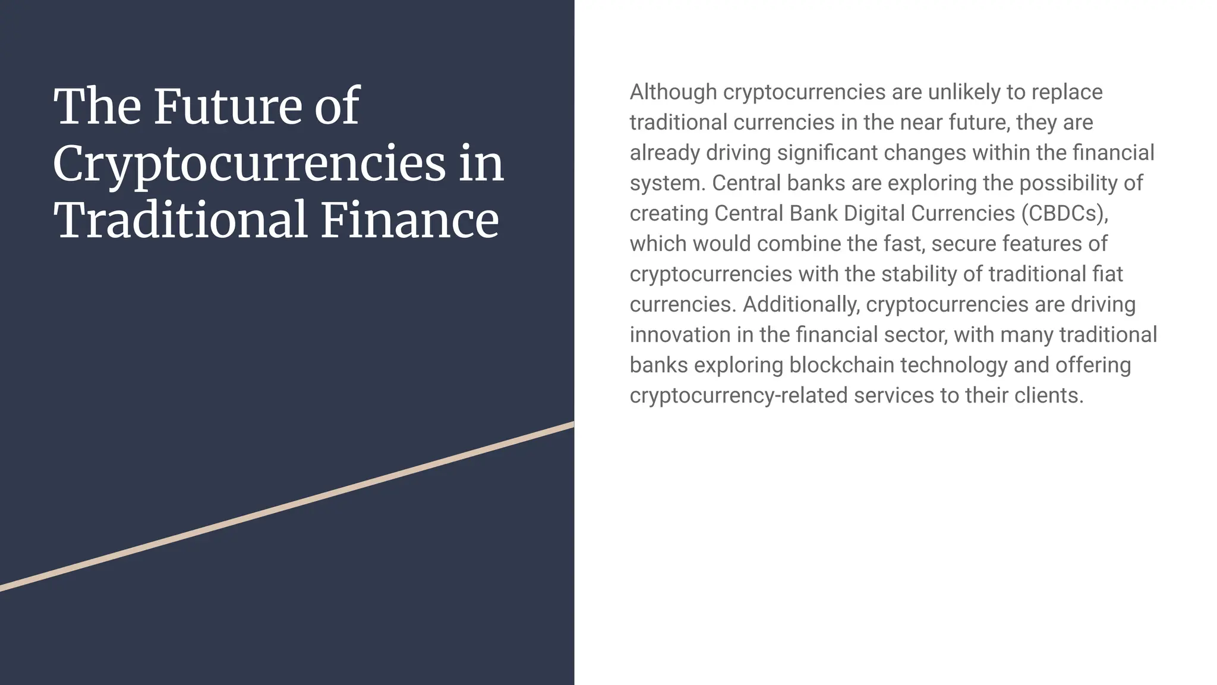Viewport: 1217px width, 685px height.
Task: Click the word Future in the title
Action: [228, 107]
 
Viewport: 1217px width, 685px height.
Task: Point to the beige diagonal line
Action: [287, 507]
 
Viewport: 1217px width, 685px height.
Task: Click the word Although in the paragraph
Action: [673, 92]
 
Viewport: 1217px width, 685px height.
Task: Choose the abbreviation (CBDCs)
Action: [1065, 213]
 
